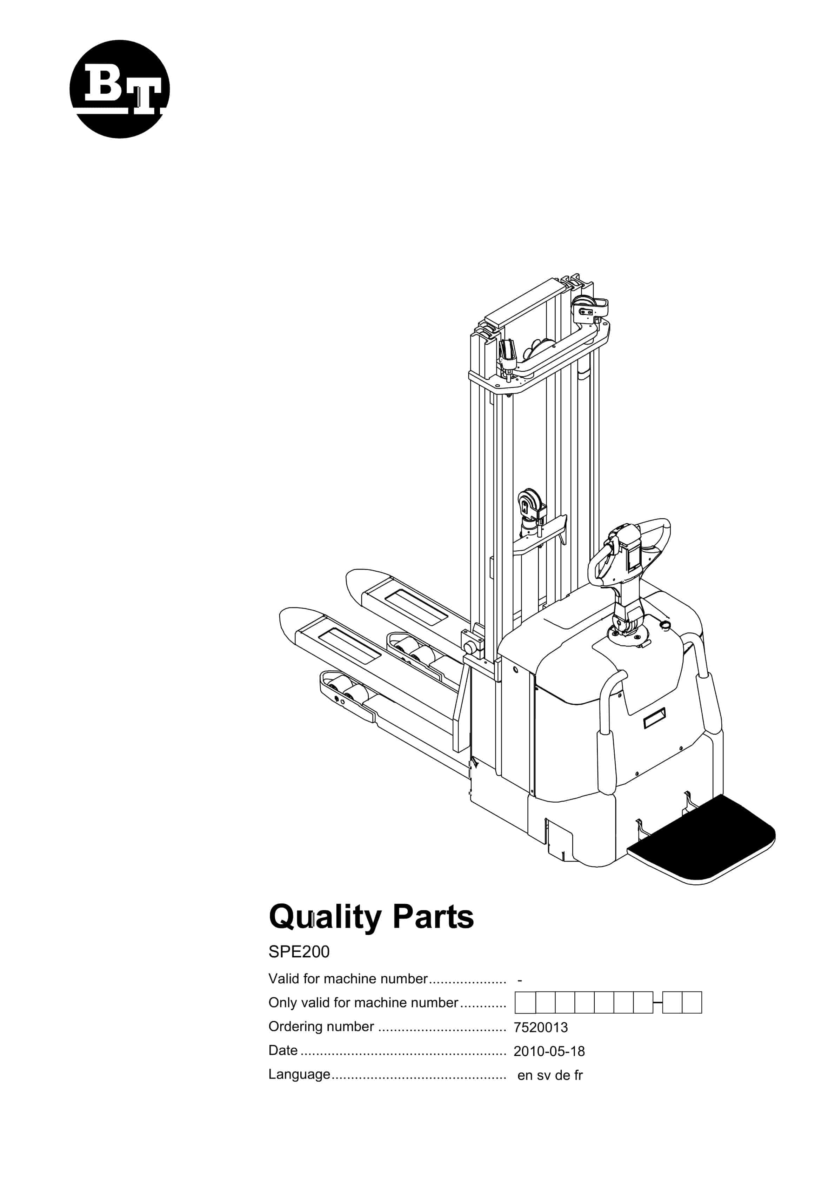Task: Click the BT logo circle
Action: (119, 89)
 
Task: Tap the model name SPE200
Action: (299, 951)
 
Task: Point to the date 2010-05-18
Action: (549, 1051)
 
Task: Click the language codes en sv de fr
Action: (550, 1075)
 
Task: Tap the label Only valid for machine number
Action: (363, 1002)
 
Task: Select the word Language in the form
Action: (299, 1074)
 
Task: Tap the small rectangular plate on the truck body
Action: (654, 718)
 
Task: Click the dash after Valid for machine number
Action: (520, 980)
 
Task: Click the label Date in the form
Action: (283, 1050)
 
